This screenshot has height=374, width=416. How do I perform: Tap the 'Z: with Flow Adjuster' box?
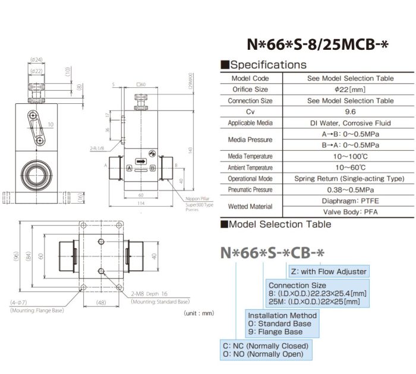pyautogui.click(x=328, y=271)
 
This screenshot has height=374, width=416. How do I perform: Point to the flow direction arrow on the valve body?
pyautogui.click(x=140, y=161)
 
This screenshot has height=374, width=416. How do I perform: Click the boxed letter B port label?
pyautogui.click(x=153, y=169)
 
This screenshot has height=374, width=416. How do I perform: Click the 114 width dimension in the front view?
pyautogui.click(x=141, y=203)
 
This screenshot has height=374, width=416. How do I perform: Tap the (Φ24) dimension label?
pyautogui.click(x=36, y=59)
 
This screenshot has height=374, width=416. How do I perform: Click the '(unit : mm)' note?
pyautogui.click(x=198, y=312)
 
